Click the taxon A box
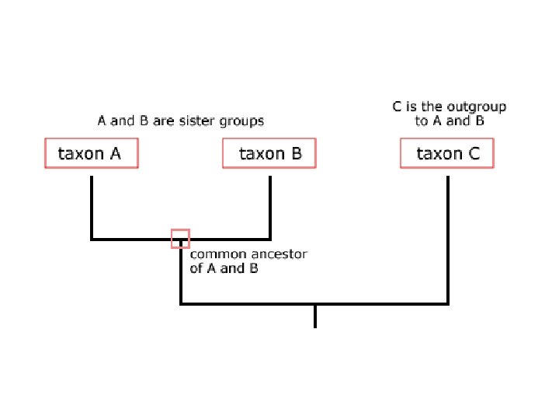pos(90,153)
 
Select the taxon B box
pos(269,153)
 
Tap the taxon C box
pos(447,153)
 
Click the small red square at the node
pos(180,238)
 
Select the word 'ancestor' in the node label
pos(279,254)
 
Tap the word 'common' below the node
pos(217,254)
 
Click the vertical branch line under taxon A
pos(92,206)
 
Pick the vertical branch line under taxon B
pos(270,206)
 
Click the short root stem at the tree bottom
pos(315,316)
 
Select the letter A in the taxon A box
pos(115,153)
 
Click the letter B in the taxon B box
pos(295,153)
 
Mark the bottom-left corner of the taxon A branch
pos(92,239)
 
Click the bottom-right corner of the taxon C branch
pos(448,303)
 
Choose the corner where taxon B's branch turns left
pos(270,239)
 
